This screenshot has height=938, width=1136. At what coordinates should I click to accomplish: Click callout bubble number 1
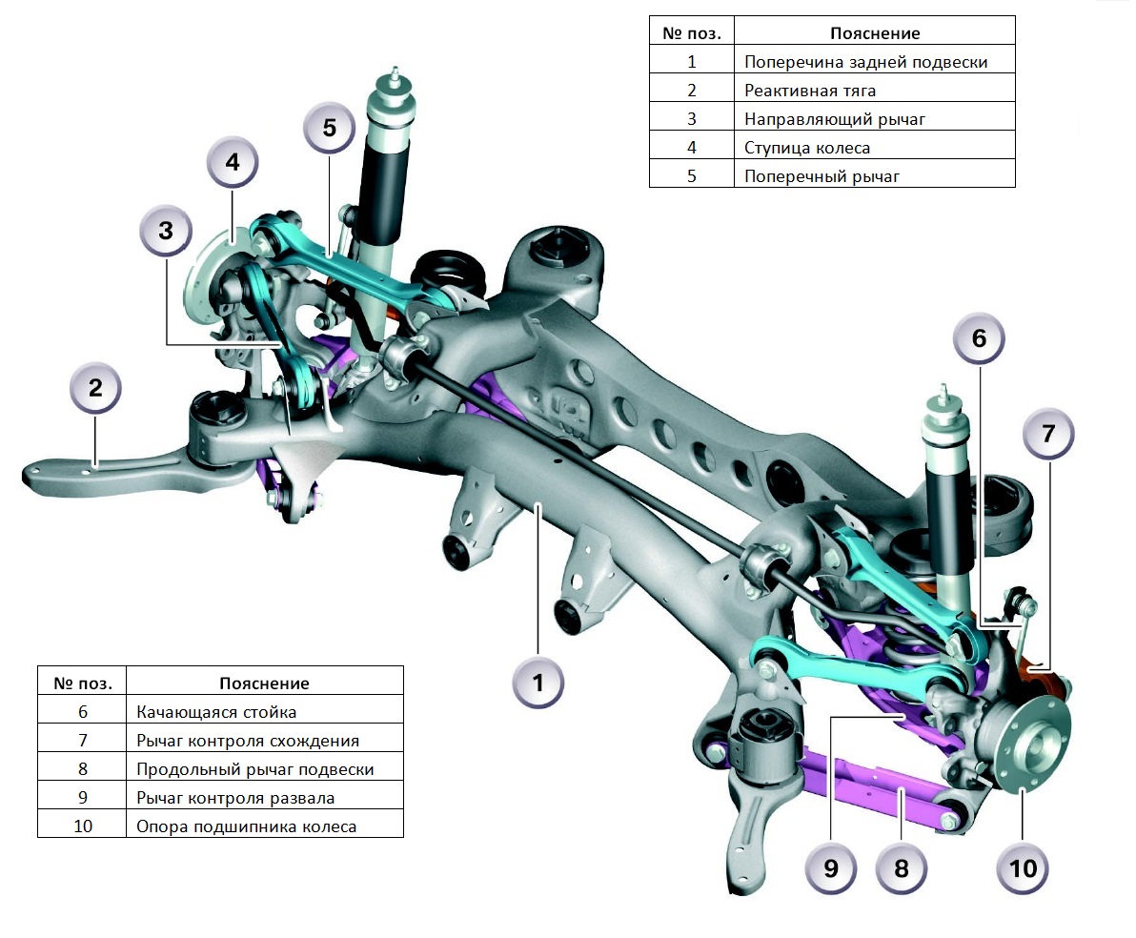tap(538, 683)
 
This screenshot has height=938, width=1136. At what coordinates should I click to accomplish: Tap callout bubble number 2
tap(95, 389)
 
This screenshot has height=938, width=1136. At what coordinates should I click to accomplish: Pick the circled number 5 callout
tap(330, 127)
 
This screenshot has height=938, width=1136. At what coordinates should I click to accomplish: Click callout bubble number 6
tap(980, 338)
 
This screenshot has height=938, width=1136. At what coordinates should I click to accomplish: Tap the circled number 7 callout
tap(1048, 435)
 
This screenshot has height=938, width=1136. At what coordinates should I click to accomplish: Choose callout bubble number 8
tap(902, 867)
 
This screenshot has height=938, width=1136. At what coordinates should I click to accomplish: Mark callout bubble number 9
tap(831, 867)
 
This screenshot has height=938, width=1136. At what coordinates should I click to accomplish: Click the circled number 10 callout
tap(1023, 867)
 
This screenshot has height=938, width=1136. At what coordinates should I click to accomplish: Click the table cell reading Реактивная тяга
tap(810, 91)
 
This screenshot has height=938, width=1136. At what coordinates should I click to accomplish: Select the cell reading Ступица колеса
tap(807, 148)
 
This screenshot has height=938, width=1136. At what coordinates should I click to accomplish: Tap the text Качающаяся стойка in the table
tap(216, 712)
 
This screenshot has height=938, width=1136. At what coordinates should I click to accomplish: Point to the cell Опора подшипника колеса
tap(246, 826)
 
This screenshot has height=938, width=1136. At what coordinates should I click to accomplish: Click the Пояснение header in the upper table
tap(875, 33)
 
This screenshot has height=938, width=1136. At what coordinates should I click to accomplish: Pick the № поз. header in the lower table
tap(82, 683)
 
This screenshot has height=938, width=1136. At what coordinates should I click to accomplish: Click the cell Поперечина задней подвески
tap(865, 62)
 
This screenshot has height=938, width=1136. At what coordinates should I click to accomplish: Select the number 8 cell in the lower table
tap(82, 769)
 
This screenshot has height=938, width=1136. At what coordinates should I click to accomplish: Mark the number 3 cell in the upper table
tap(692, 119)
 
